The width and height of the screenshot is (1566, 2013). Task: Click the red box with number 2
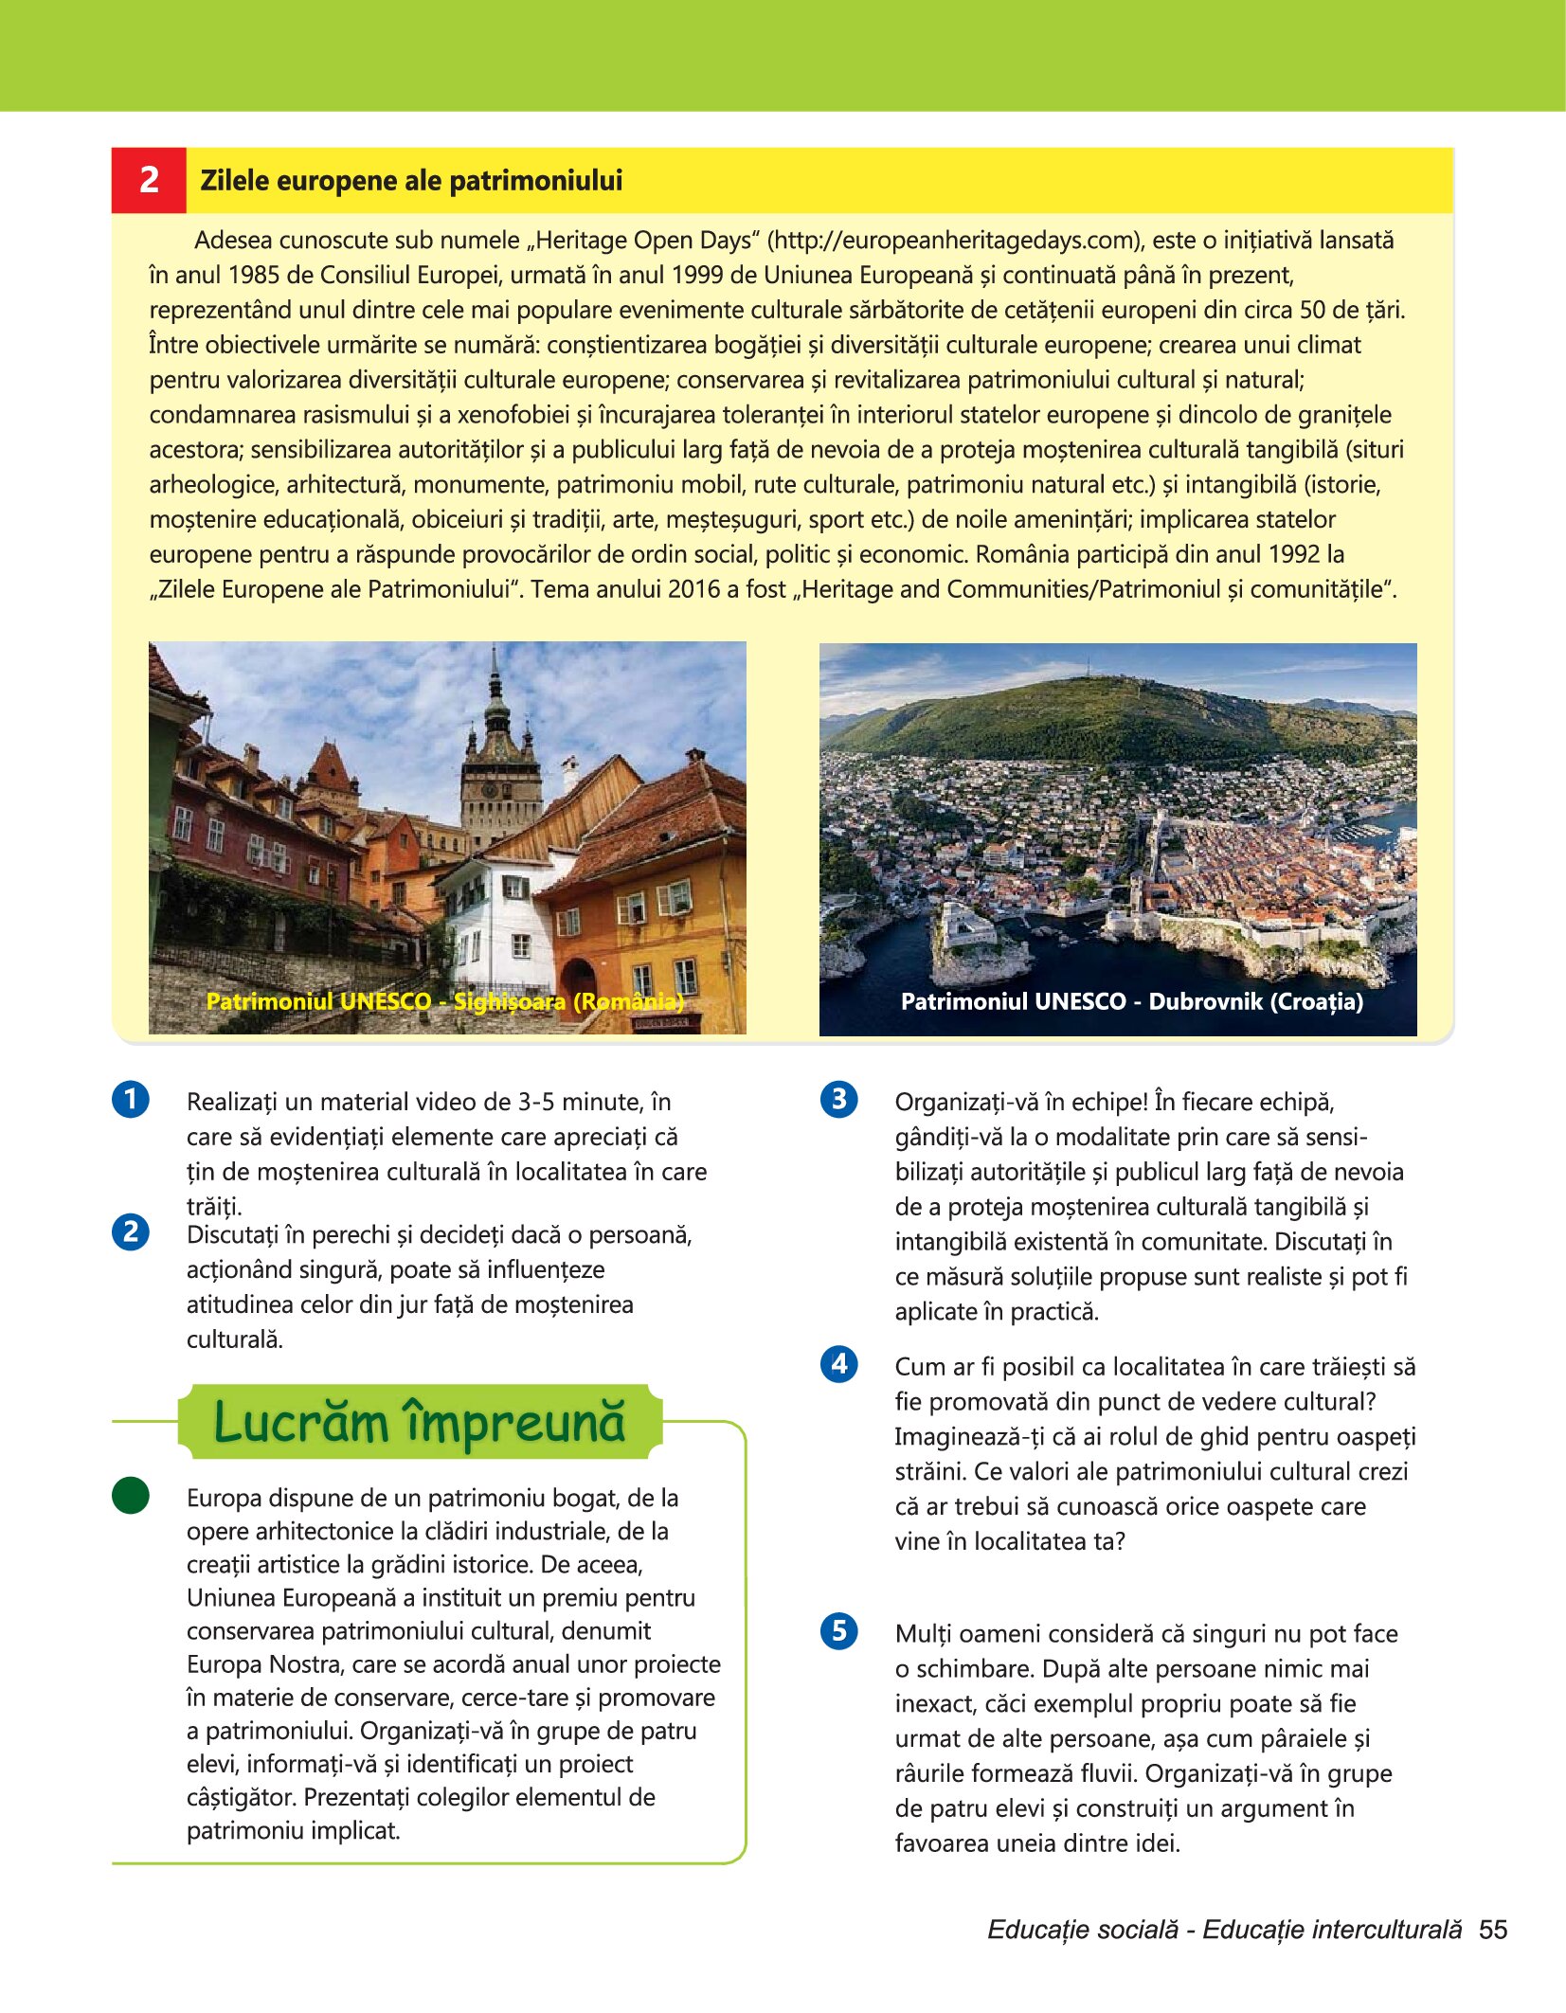click(x=149, y=180)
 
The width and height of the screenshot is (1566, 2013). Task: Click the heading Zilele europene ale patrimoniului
click(x=411, y=180)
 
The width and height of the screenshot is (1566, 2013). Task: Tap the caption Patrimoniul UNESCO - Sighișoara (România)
click(x=444, y=1001)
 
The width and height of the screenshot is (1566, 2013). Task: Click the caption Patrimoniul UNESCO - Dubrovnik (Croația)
click(x=1131, y=1001)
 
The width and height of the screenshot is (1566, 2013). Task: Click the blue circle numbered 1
click(x=131, y=1100)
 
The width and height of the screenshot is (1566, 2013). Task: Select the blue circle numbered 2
click(x=131, y=1231)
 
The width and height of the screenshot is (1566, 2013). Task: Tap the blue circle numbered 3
click(x=838, y=1100)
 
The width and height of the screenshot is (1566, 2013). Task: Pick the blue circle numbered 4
click(x=838, y=1364)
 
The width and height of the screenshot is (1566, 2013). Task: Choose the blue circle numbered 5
click(x=838, y=1631)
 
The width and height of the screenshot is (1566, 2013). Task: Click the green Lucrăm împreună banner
click(x=420, y=1422)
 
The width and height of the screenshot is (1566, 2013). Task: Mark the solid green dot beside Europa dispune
click(x=131, y=1495)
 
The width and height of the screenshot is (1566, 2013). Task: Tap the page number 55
click(x=1493, y=1930)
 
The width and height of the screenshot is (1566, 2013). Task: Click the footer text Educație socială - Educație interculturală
click(x=1224, y=1930)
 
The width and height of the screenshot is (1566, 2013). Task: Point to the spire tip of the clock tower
click(x=495, y=649)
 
